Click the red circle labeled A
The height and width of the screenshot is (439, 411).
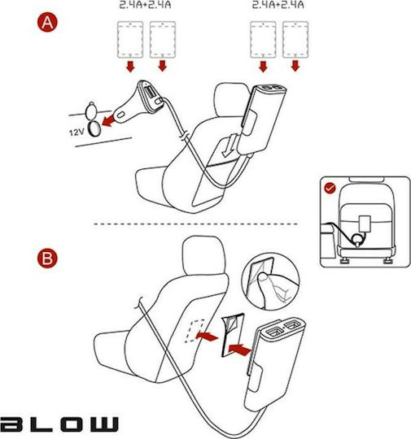[x=47, y=22]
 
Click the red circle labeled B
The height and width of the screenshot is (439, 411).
[x=47, y=258]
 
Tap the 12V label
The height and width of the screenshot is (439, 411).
[x=77, y=132]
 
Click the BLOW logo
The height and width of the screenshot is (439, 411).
[x=59, y=424]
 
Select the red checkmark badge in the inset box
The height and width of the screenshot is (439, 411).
[x=330, y=188]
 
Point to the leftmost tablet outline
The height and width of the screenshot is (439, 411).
[x=130, y=40]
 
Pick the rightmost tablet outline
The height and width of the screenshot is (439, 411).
[x=295, y=40]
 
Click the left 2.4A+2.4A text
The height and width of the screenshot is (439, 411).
[x=145, y=5]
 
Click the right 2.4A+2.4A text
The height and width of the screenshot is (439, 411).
[x=278, y=5]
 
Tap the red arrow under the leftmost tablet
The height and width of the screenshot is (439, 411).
[x=130, y=67]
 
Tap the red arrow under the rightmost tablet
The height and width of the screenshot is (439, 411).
[x=295, y=66]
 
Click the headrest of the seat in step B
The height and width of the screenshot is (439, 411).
[x=203, y=254]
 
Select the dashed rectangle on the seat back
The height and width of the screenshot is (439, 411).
[x=195, y=331]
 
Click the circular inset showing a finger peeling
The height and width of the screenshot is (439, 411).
[x=270, y=281]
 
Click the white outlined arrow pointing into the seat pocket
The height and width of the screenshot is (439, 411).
[x=230, y=145]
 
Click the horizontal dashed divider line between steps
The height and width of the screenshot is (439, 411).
[x=195, y=224]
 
